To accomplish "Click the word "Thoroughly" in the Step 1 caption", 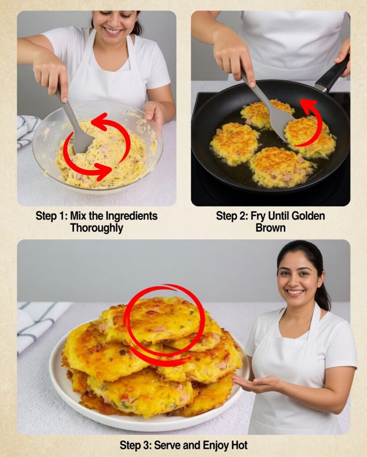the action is coord(96,228).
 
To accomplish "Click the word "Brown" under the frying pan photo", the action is coord(271,228).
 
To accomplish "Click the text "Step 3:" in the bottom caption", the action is coord(134,445).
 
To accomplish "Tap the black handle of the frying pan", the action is coord(334,72).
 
